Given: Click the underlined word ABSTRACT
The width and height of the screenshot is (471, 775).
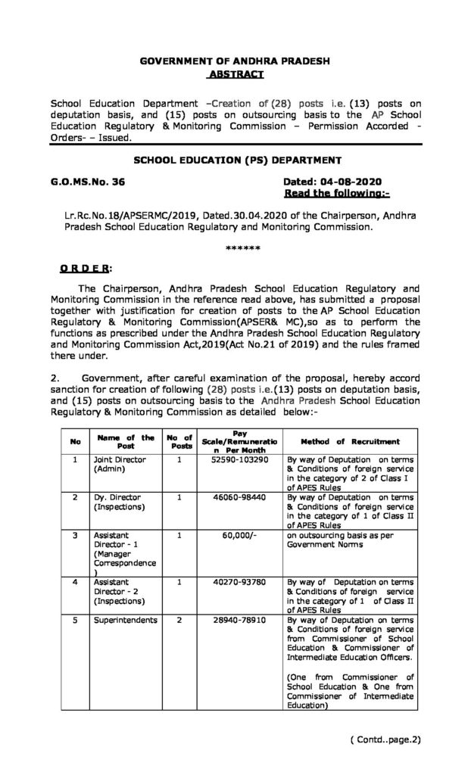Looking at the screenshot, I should (235, 74).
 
